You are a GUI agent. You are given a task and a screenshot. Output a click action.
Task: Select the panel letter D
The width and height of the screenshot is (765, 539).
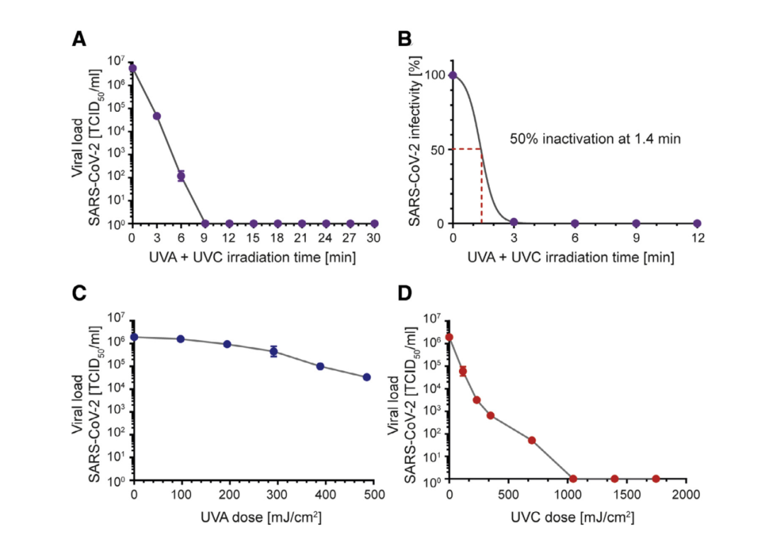(x=405, y=294)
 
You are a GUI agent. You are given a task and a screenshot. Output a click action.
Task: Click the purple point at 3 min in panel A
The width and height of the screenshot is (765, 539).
(x=157, y=116)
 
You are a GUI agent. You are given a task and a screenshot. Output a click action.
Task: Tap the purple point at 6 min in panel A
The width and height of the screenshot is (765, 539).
(x=181, y=176)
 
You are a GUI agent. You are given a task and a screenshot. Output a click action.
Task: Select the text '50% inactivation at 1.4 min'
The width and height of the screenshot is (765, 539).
(x=595, y=139)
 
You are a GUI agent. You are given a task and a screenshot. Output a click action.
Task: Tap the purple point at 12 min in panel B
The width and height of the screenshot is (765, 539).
(x=697, y=224)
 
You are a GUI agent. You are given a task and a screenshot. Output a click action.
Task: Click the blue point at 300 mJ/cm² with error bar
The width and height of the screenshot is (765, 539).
(x=273, y=351)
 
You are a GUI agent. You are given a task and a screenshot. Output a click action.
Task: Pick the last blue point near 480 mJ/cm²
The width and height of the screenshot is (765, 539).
(x=367, y=378)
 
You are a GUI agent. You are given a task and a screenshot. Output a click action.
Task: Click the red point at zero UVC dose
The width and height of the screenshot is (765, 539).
(x=449, y=338)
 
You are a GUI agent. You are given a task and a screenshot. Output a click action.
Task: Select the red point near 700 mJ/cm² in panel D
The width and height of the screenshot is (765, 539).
(x=532, y=441)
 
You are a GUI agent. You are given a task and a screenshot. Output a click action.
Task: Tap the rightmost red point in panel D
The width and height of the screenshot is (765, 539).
(x=656, y=479)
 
